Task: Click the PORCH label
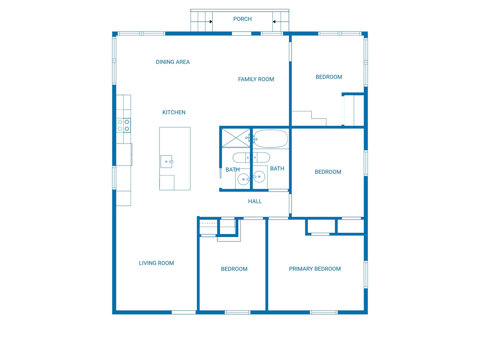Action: click(243, 19)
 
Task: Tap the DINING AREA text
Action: click(172, 62)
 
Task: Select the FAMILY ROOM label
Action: click(256, 79)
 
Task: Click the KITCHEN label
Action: click(174, 112)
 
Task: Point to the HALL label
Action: click(255, 201)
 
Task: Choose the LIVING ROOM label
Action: click(156, 263)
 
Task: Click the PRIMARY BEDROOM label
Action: click(315, 269)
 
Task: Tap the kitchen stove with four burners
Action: click(124, 125)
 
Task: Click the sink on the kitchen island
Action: click(167, 161)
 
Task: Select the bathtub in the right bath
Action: click(270, 139)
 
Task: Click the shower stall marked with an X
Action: click(236, 138)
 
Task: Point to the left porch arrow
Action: click(211, 22)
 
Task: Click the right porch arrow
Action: click(274, 22)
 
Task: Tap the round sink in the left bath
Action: click(244, 180)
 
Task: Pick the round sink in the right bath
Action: click(259, 176)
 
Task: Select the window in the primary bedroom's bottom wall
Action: click(324, 312)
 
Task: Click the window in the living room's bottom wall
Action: click(184, 312)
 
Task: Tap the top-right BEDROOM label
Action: click(329, 77)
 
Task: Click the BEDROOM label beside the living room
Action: click(234, 269)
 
